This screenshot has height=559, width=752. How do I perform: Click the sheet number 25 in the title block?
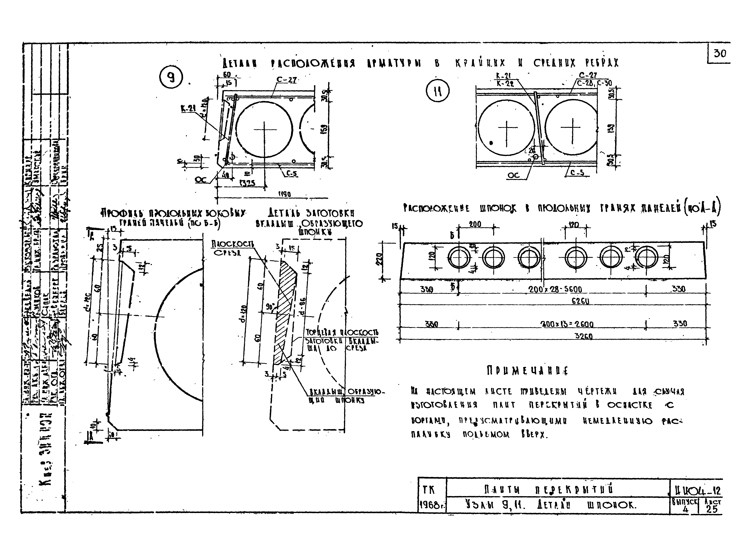(x=712, y=509)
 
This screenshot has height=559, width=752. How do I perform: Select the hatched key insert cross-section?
(x=285, y=311)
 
